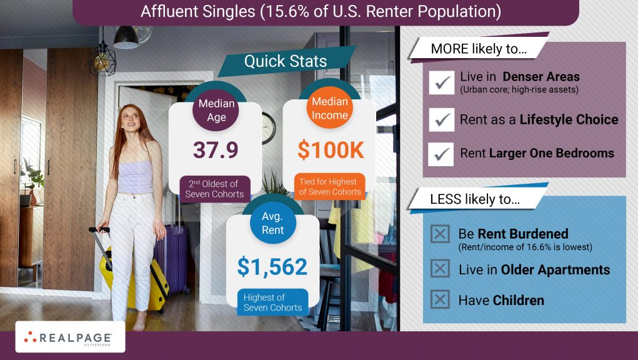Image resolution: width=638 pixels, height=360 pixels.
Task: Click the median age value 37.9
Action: (216, 150)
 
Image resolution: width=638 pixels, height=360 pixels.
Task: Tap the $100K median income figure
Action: (331, 150)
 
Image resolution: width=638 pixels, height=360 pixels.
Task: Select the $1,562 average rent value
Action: (272, 267)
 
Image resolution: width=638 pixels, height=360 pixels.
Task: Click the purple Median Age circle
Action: (216, 110)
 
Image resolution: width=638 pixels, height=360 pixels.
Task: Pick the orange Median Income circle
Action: (329, 107)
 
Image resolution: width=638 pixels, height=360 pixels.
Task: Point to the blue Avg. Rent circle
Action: (272, 223)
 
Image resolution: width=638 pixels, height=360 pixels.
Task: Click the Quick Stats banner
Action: (286, 61)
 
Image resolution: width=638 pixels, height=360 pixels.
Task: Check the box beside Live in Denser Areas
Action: (441, 82)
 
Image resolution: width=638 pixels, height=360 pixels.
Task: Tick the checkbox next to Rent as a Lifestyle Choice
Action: (441, 119)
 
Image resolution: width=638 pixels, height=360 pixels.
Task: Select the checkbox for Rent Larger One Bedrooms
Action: (441, 154)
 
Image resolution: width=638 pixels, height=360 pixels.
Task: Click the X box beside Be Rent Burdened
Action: (441, 234)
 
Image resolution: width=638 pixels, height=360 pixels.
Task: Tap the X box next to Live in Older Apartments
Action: (441, 269)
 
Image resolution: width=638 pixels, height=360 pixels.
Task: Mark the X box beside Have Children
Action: (440, 300)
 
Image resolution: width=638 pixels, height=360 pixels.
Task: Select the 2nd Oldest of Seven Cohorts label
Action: (215, 189)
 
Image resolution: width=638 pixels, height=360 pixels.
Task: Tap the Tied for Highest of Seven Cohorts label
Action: (330, 187)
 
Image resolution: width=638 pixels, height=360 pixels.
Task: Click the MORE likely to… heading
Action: (479, 49)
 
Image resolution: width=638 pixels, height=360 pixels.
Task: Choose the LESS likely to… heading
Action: (476, 199)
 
